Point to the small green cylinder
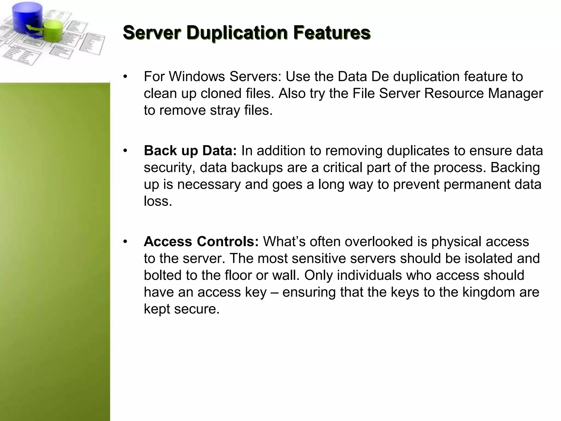[53, 30]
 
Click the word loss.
[158, 201]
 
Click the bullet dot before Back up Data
[125, 151]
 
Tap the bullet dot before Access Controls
[125, 241]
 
